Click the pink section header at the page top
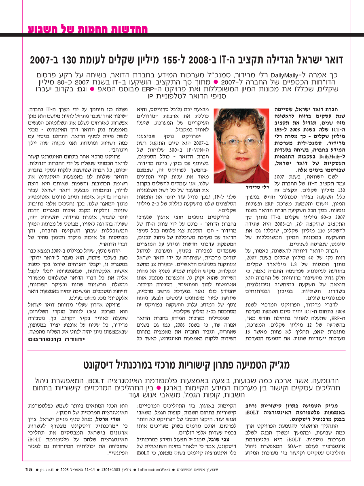(88, 29)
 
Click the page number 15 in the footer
(28, 469)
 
